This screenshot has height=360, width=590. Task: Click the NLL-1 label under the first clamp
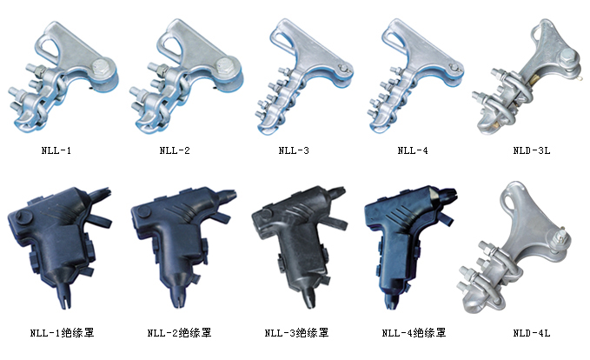(56, 150)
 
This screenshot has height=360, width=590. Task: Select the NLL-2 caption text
(175, 150)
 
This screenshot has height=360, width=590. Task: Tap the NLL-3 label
(294, 150)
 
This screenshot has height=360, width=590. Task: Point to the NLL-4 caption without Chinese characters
(413, 150)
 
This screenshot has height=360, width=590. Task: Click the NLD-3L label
(532, 150)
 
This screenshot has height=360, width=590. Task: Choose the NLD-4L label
(532, 333)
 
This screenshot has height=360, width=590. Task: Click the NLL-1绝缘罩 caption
(62, 333)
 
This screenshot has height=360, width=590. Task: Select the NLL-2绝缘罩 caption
(180, 333)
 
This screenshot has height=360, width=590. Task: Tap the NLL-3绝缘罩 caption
(297, 333)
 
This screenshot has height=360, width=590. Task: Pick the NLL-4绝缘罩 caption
(414, 333)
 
